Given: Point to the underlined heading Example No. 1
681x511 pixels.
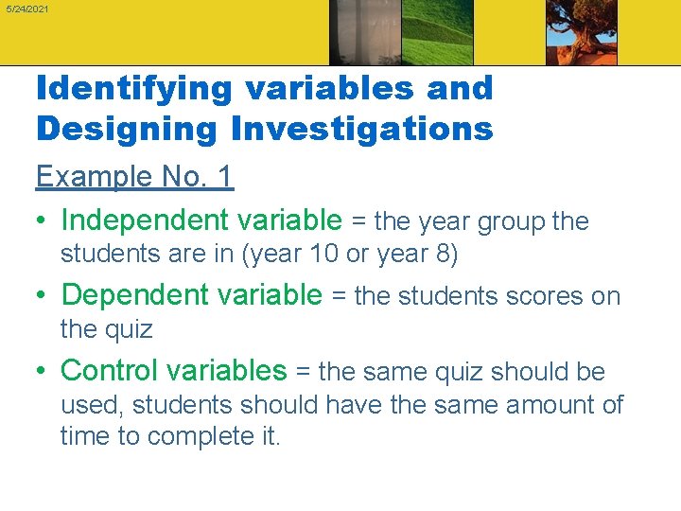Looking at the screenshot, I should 134,177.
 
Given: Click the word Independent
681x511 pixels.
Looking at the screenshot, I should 146,221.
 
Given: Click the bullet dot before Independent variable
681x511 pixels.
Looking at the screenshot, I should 43,222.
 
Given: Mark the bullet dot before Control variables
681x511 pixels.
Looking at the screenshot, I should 43,372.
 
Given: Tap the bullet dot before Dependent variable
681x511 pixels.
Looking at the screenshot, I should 43,297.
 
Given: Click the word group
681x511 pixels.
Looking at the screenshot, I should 512,222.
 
